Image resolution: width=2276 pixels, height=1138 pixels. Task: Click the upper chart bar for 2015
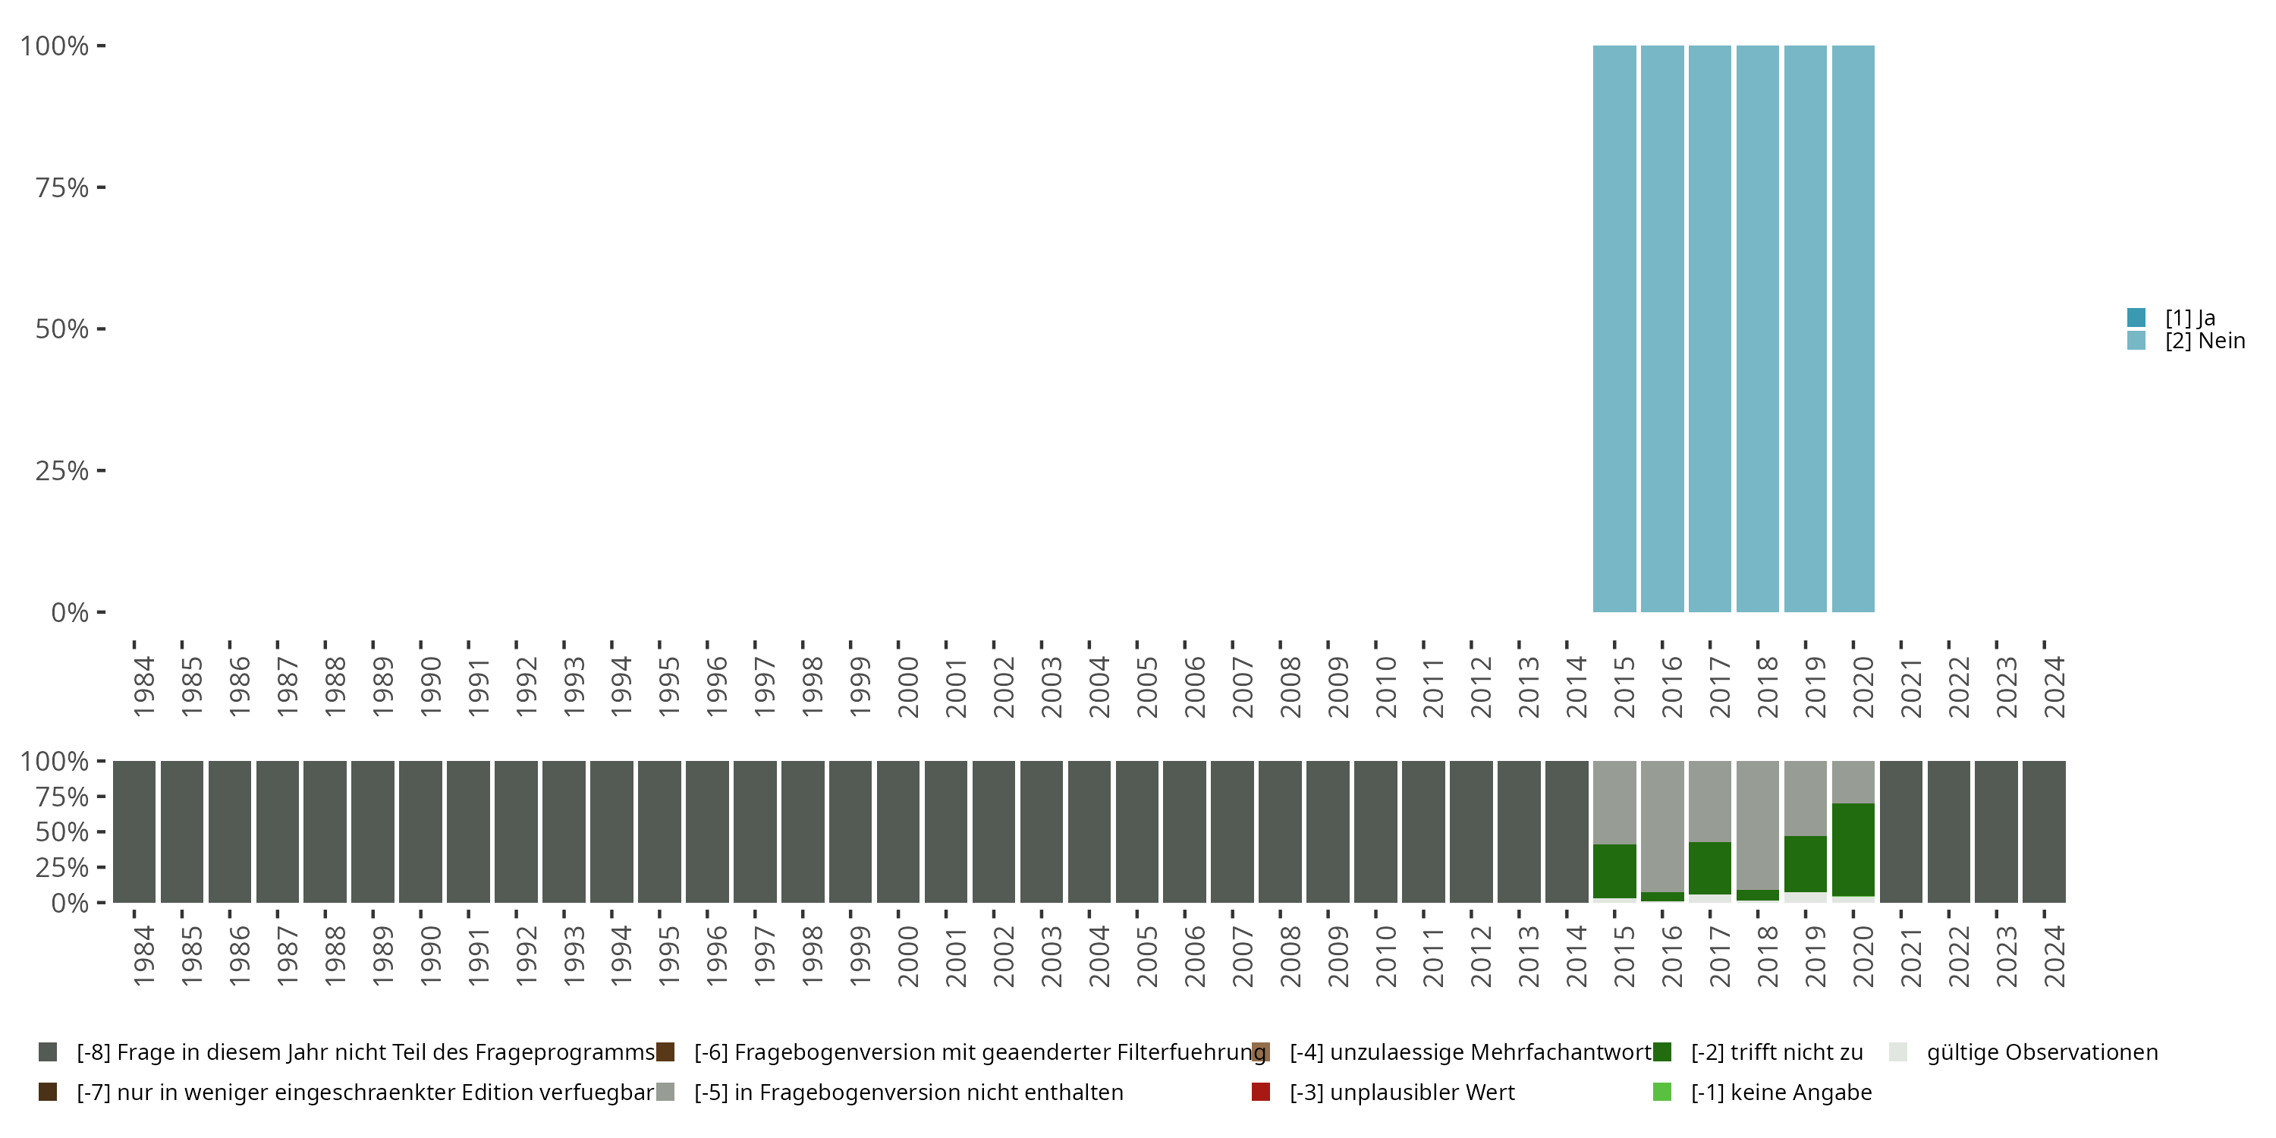point(1614,329)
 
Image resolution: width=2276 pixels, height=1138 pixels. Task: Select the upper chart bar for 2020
point(1853,329)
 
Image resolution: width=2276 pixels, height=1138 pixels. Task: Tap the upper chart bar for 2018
point(1757,329)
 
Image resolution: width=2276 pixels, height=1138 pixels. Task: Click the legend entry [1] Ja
point(2190,318)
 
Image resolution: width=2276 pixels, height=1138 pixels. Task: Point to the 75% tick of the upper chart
point(101,187)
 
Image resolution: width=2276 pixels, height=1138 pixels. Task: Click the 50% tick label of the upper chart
point(62,329)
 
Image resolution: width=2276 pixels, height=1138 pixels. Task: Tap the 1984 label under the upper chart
point(143,687)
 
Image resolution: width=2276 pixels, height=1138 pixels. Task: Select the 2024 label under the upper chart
point(2054,687)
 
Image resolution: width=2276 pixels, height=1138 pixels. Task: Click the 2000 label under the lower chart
point(907,956)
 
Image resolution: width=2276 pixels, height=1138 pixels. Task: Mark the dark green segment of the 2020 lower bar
point(1853,849)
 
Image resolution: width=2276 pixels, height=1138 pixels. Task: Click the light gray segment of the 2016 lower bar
point(1662,825)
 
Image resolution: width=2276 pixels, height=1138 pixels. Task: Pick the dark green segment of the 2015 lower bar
point(1614,871)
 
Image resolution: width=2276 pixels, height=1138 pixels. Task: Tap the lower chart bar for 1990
point(420,831)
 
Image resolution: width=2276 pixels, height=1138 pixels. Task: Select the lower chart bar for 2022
point(1948,831)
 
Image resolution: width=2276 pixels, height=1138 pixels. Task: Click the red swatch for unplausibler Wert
point(1261,1092)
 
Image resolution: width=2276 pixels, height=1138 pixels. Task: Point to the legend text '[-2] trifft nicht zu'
point(1776,1052)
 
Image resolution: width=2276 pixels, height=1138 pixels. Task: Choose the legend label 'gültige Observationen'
point(2042,1052)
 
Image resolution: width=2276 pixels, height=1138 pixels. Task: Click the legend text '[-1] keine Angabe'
point(1781,1092)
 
